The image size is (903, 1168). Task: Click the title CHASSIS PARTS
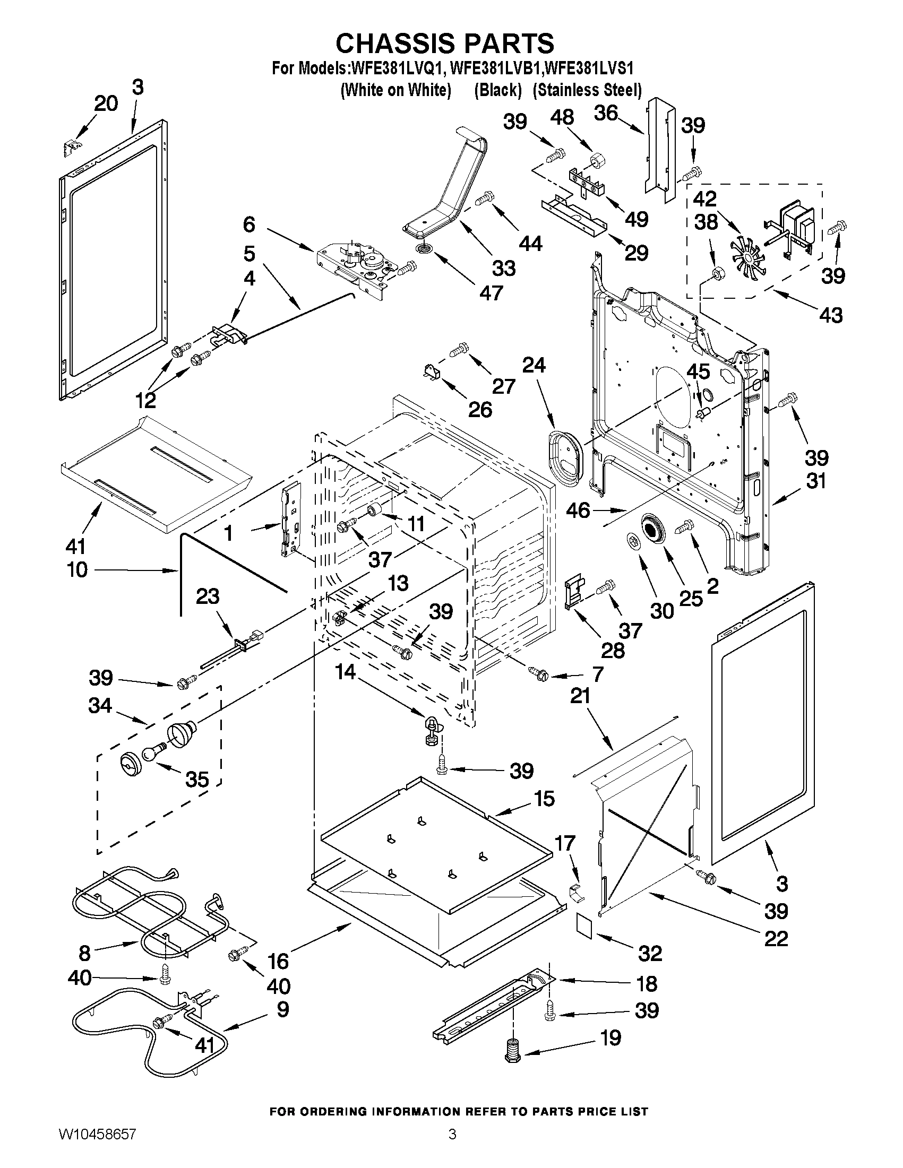[444, 43]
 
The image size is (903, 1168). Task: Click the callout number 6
[250, 225]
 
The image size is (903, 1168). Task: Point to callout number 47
[491, 292]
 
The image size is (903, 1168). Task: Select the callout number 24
[534, 365]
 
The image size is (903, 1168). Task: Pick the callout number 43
[831, 315]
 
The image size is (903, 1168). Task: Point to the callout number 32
[650, 953]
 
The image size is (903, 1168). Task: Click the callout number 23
[208, 596]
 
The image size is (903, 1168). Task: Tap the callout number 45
[698, 371]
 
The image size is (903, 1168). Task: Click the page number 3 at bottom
[452, 1147]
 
